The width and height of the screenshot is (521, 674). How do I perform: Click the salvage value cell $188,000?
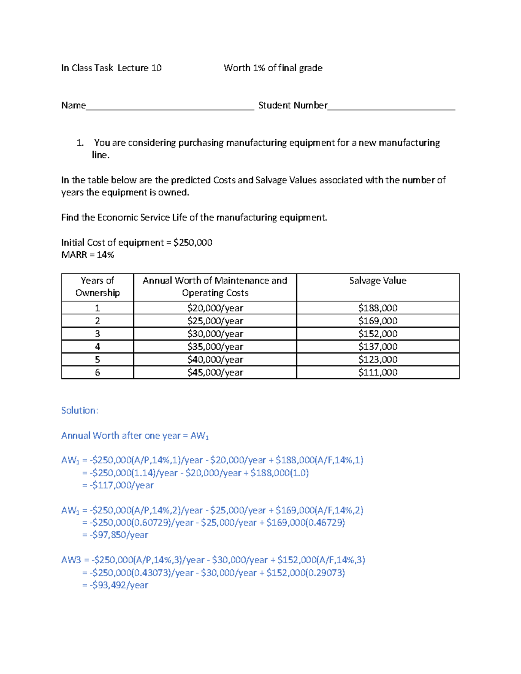[x=378, y=308]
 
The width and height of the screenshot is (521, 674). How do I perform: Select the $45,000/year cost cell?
[x=215, y=372]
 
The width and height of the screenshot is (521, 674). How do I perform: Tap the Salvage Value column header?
[x=378, y=281]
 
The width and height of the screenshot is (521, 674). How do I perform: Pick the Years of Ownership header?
[x=97, y=286]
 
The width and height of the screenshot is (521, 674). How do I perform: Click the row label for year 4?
[x=97, y=347]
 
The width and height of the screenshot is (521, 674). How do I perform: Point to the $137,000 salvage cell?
[x=378, y=347]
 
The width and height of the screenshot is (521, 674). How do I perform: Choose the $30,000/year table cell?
[x=215, y=334]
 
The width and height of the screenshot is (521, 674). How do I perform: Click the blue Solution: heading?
[x=79, y=411]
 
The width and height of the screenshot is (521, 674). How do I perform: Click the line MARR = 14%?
[x=88, y=255]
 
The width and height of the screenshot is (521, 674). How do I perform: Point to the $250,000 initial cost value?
[x=193, y=243]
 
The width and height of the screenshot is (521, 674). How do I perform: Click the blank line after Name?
[x=169, y=106]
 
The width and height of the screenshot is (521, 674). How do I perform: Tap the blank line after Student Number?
[x=391, y=106]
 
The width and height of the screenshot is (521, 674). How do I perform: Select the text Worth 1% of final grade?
[x=273, y=68]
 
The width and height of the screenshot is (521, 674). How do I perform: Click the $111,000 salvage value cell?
[x=378, y=372]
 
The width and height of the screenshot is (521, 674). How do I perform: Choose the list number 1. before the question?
[x=80, y=143]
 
